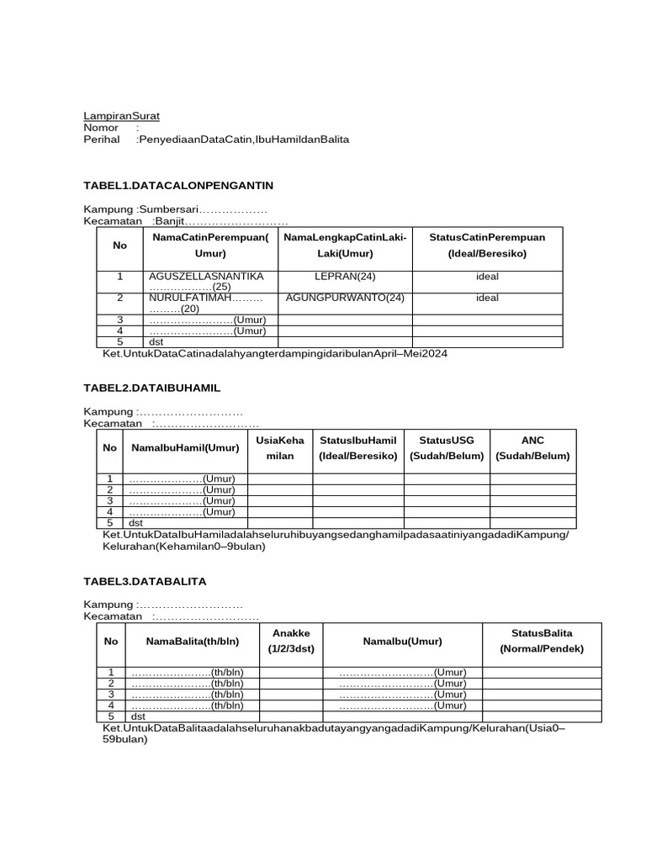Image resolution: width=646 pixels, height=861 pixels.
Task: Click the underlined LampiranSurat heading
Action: (121, 115)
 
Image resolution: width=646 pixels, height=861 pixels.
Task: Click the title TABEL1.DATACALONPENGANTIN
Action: (177, 184)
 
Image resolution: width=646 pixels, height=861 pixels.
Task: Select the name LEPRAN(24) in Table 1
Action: (345, 276)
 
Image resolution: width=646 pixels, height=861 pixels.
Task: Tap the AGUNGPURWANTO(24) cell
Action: (345, 297)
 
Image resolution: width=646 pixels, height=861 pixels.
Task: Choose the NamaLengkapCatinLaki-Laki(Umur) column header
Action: (345, 245)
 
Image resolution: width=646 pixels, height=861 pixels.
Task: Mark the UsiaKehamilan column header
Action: (280, 447)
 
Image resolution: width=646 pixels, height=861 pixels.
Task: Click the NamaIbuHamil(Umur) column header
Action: (185, 447)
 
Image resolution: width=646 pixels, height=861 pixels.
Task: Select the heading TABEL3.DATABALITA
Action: (145, 581)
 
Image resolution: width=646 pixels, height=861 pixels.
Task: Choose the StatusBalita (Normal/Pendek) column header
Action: (541, 641)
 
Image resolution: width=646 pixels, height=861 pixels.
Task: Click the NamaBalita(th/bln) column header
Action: (193, 641)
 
